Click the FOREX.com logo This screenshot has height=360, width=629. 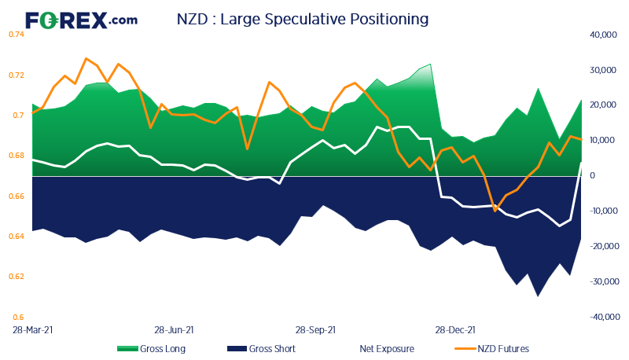[x=81, y=20]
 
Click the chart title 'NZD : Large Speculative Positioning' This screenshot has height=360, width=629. [x=303, y=17]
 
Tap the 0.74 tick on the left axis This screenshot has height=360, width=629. [x=17, y=35]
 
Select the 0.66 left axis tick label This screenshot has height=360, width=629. [x=17, y=196]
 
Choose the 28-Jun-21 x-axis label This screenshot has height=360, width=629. [x=174, y=331]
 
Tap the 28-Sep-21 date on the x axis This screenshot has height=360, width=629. [x=315, y=331]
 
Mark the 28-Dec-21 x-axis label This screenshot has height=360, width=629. [x=455, y=331]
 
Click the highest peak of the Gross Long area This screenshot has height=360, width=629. [x=430, y=64]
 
